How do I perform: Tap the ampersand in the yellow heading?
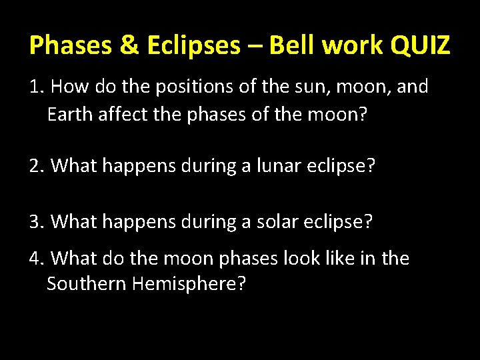tap(107, 45)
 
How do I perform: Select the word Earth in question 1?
tap(71, 115)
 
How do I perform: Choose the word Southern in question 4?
tap(87, 285)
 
